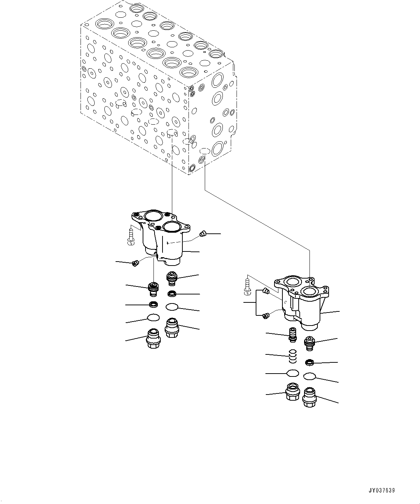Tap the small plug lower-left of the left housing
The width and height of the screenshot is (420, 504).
click(x=136, y=264)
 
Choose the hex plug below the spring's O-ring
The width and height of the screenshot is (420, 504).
click(x=291, y=391)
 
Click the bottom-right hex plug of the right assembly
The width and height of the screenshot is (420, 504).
click(x=309, y=397)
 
